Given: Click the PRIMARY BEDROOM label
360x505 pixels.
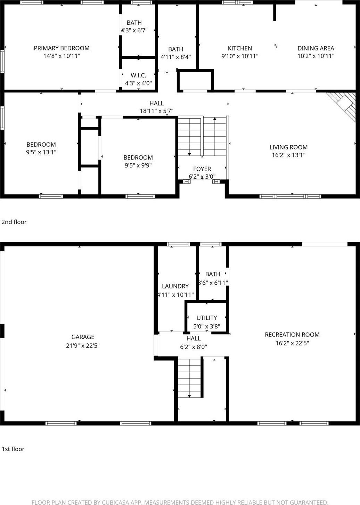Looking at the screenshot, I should coord(62,48).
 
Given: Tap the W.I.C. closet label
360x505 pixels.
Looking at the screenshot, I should coord(138,75).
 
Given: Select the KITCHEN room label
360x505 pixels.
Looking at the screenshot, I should coord(240,48).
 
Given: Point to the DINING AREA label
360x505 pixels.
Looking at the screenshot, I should coord(316,48).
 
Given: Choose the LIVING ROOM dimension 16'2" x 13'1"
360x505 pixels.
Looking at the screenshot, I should coord(288,155).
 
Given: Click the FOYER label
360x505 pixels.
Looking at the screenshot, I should coord(202,169).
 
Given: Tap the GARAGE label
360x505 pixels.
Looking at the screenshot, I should coord(83,337).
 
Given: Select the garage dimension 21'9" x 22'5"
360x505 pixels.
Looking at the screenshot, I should coord(83,345).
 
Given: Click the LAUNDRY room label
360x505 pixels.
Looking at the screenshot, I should coord(175,286).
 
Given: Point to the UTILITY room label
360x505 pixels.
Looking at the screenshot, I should coord(206,318).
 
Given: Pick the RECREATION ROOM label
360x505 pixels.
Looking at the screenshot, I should coord(292,334).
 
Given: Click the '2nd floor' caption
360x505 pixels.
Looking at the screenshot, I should coord(14,222).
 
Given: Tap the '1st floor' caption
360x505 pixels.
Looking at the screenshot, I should coord(13,449).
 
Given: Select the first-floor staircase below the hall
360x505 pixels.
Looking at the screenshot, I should coord(190,378).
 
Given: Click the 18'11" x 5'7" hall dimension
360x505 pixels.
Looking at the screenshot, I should coord(156,111).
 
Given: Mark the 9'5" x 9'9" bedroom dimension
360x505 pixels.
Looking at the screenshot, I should coord(138,165).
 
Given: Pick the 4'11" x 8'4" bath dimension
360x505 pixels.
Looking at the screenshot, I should coord(175,57).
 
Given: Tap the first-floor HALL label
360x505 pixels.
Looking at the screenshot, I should coord(193,338).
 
